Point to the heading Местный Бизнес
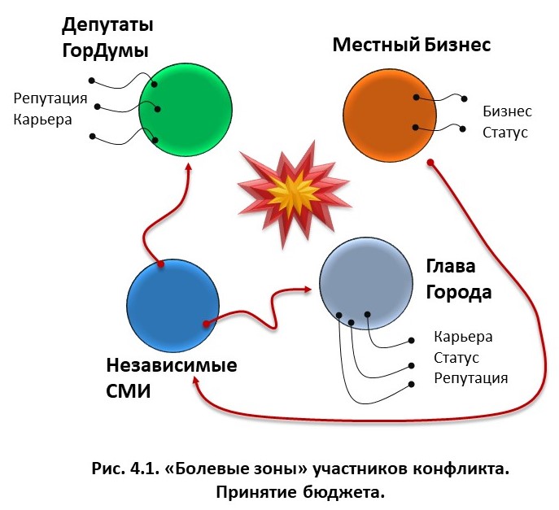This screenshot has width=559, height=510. [x=411, y=44]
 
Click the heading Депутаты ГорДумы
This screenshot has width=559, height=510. [x=107, y=37]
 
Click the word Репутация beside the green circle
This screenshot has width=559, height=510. [x=50, y=99]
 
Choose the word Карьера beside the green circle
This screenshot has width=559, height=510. [x=42, y=120]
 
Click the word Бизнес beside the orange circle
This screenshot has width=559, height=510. [x=507, y=111]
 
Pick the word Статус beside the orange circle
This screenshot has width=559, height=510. [x=505, y=132]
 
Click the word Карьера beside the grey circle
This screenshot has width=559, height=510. [x=463, y=337]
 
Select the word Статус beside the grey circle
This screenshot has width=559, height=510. [x=456, y=358]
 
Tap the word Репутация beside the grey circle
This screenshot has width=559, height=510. [x=470, y=378]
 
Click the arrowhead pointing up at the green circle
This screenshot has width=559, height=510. [x=190, y=166]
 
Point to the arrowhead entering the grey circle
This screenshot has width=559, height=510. [x=309, y=287]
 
